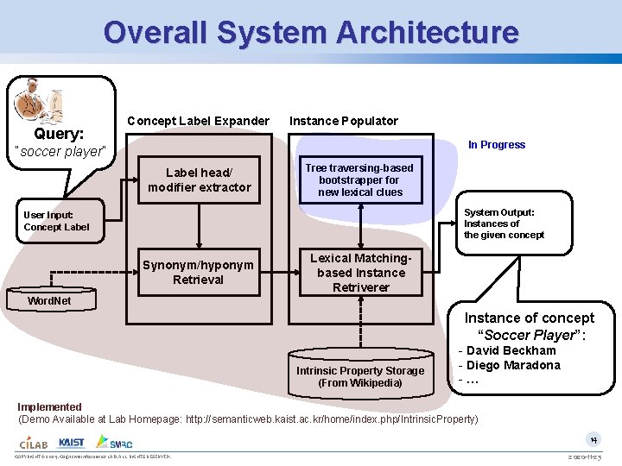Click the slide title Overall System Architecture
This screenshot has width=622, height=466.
tap(311, 33)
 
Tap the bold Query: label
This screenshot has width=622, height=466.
tap(59, 134)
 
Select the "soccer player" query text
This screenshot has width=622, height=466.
tap(61, 152)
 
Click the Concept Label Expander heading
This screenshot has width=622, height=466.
tap(198, 121)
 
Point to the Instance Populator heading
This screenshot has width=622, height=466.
tap(344, 121)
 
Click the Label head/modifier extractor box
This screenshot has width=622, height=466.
tap(200, 179)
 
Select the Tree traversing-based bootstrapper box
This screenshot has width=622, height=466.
tap(360, 180)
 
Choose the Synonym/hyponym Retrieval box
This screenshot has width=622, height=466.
tap(199, 273)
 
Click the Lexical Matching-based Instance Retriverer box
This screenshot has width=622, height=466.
tap(360, 273)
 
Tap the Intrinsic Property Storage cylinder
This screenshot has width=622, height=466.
tap(360, 371)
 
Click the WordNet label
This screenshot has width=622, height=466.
tap(50, 301)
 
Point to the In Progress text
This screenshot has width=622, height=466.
tap(497, 145)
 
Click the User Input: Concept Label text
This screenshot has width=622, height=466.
tap(56, 221)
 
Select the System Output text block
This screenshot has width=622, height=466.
tap(504, 224)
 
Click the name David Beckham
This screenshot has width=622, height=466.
tap(511, 350)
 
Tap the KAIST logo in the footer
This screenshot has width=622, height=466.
tap(72, 443)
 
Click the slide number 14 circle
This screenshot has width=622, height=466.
tap(593, 438)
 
